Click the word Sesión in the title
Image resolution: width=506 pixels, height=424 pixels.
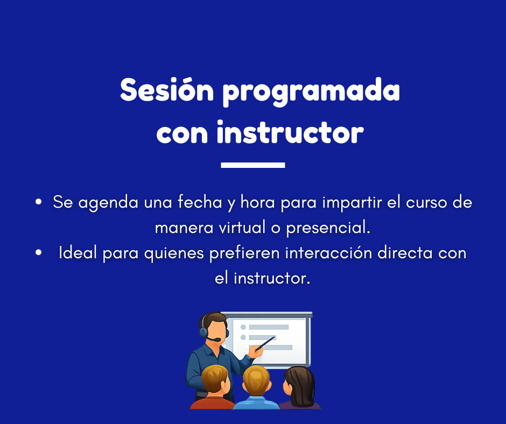tap(167, 90)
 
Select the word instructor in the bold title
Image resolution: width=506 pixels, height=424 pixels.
tap(290, 132)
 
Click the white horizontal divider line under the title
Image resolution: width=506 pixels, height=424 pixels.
tap(253, 165)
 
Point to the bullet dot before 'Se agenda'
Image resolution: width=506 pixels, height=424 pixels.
tap(38, 202)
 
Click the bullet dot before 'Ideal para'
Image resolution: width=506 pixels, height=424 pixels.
tap(38, 253)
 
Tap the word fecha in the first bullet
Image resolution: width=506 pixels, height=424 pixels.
tap(200, 202)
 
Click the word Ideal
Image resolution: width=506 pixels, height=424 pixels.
tap(78, 252)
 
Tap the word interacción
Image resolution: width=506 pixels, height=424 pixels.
tap(328, 252)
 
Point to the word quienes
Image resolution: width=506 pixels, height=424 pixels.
tap(174, 253)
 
